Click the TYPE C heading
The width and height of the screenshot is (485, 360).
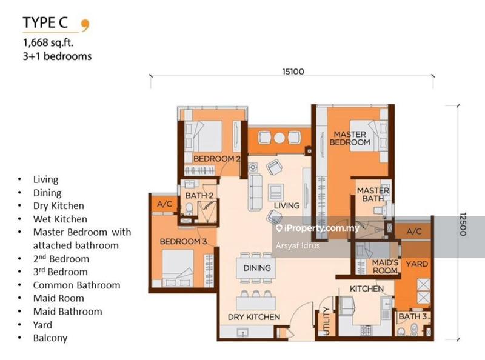coord(48,24)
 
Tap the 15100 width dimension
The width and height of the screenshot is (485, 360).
coord(292,72)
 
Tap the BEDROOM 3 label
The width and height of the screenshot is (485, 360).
coord(184,242)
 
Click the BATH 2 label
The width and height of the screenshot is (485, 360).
coord(199,195)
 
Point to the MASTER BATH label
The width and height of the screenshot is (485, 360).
coord(373,195)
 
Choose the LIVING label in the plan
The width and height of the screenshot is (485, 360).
coord(286,205)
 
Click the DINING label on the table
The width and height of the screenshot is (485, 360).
coord(256,268)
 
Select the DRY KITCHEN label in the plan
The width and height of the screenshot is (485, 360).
coord(254,317)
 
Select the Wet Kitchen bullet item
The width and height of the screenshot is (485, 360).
coord(60,219)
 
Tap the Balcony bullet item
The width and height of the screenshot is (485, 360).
coord(50,338)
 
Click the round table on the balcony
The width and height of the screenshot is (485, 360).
coord(279,138)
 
